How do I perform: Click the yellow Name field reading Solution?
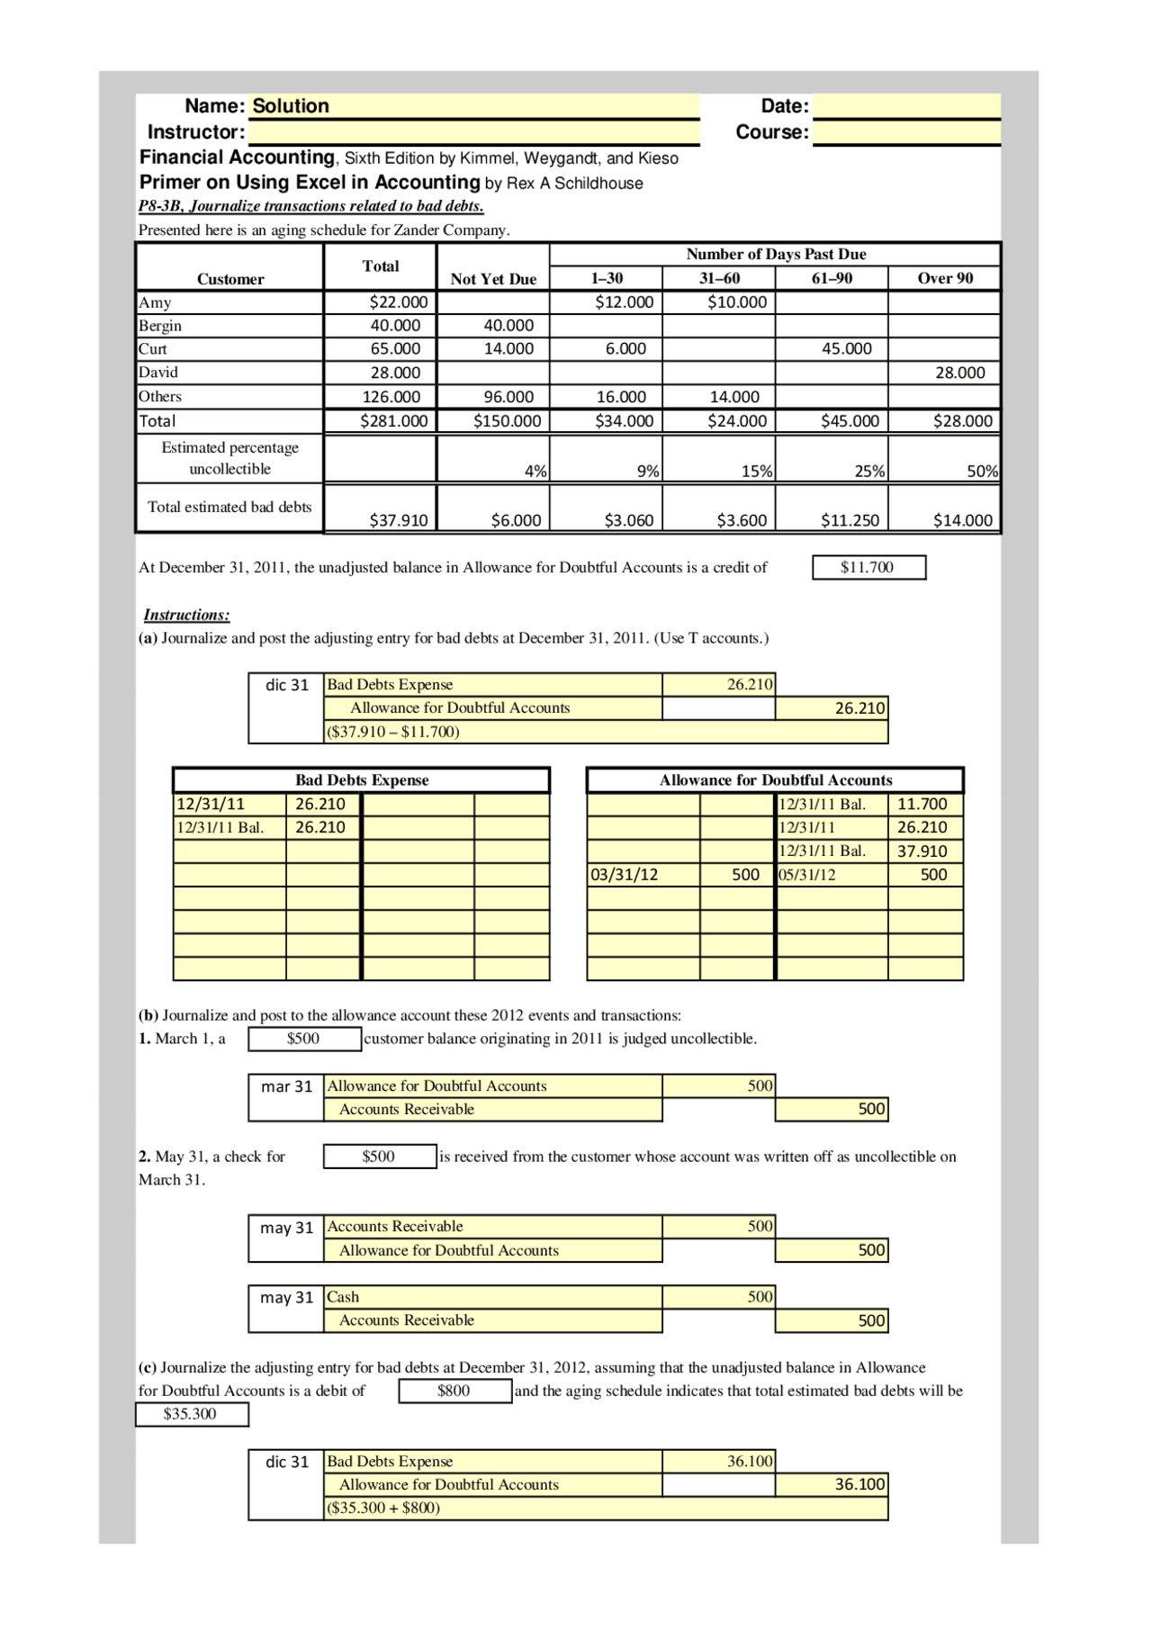(x=473, y=106)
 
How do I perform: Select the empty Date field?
(x=906, y=106)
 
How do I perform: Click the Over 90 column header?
(x=944, y=278)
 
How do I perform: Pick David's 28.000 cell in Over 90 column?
(x=959, y=373)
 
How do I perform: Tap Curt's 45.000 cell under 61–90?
(x=846, y=349)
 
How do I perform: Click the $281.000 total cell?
(x=393, y=421)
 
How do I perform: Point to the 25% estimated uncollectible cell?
(x=868, y=471)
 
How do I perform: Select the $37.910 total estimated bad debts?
(x=398, y=520)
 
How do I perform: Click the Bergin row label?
(x=160, y=326)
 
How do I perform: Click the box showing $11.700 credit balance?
(x=868, y=568)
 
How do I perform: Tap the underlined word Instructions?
(x=186, y=616)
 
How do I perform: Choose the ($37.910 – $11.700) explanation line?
(x=393, y=732)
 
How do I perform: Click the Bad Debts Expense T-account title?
(x=362, y=780)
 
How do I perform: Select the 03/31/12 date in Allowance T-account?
(x=625, y=875)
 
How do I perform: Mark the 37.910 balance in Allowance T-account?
(x=922, y=851)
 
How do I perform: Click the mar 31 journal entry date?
(x=286, y=1087)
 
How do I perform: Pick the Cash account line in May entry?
(x=343, y=1298)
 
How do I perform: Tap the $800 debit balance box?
(x=454, y=1391)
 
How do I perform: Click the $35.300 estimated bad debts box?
(x=191, y=1415)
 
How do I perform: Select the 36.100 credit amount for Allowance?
(x=859, y=1485)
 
